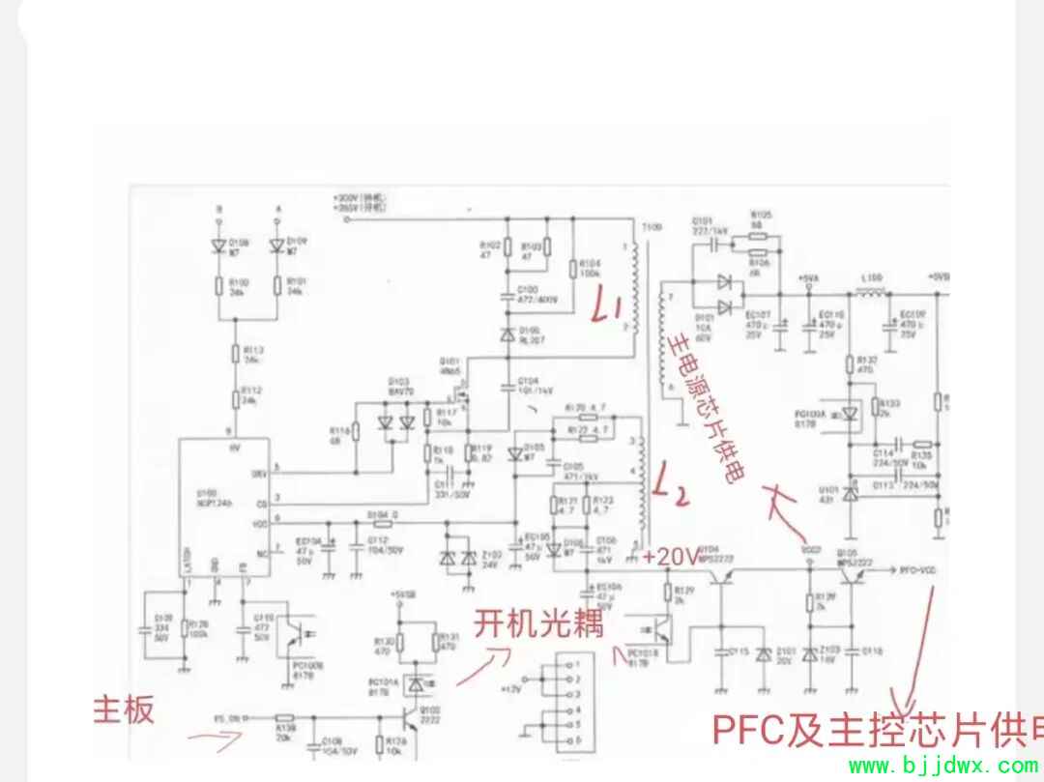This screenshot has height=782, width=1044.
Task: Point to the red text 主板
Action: pyautogui.click(x=123, y=710)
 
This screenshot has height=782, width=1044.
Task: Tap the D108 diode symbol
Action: pyautogui.click(x=218, y=246)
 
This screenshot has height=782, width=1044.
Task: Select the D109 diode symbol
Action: pyautogui.click(x=278, y=246)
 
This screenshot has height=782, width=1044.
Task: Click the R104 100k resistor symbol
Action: pyautogui.click(x=573, y=270)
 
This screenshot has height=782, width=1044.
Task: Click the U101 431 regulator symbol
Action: pyautogui.click(x=851, y=492)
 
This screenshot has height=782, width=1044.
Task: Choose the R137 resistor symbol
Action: pyautogui.click(x=849, y=363)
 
